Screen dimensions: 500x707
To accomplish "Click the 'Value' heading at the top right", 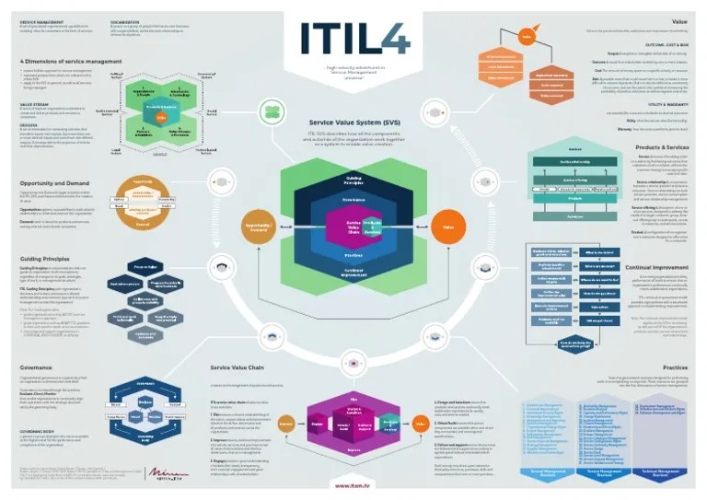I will (679, 19).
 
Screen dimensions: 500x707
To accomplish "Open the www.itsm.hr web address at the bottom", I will (353, 483).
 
